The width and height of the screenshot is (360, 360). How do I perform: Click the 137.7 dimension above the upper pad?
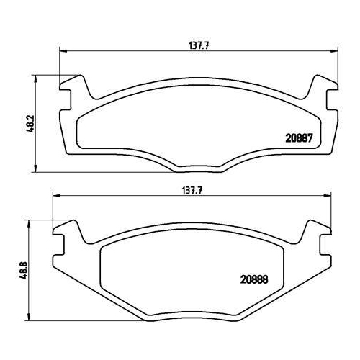pos(199,46)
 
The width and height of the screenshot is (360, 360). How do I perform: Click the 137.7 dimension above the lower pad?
pos(192,191)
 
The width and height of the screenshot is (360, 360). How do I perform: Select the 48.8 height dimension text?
pos(24,270)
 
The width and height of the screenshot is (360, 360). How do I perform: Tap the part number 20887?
pos(299,138)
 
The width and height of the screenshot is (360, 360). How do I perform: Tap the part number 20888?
pos(254,279)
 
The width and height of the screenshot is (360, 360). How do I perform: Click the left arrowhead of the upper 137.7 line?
pos(63,51)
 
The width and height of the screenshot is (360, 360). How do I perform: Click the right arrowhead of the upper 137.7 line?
pos(334,51)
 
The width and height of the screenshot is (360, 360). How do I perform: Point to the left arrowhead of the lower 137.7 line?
pos(56,196)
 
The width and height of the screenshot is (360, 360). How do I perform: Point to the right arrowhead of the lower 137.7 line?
pos(328,196)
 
